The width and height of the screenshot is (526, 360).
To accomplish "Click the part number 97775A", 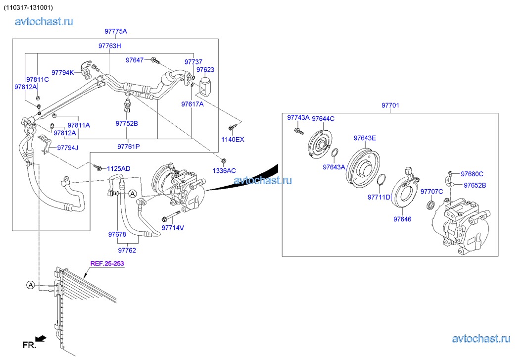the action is (x=116, y=31).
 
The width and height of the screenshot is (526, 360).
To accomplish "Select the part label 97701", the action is (x=390, y=105).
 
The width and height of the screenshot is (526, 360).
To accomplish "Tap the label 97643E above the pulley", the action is (x=365, y=138).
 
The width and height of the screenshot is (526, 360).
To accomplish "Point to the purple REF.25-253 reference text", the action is (x=107, y=263).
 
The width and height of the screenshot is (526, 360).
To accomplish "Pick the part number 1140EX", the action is (x=233, y=139).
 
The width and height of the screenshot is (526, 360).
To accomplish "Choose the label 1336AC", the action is (x=224, y=171).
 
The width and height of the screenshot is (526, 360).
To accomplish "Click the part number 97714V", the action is (x=173, y=228).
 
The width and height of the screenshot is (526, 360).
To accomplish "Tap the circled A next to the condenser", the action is (x=31, y=285).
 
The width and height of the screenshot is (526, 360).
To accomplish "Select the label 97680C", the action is (x=472, y=174).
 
